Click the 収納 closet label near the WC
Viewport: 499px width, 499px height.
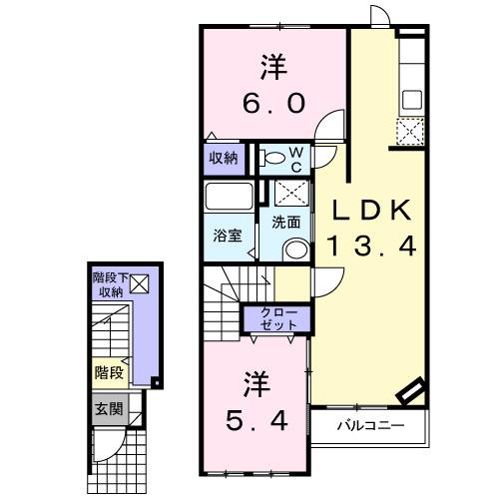[224, 158]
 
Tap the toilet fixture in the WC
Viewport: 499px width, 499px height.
[272, 157]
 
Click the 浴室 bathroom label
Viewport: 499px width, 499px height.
[227, 236]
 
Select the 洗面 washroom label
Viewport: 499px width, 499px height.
[285, 222]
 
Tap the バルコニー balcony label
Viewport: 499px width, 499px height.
[369, 426]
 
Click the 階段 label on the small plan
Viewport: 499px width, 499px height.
[110, 372]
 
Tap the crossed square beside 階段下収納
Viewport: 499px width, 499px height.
[138, 284]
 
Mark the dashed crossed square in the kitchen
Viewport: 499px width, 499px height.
[409, 131]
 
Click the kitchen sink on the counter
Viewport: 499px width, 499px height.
[410, 101]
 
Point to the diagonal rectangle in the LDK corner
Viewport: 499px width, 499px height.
[411, 392]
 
